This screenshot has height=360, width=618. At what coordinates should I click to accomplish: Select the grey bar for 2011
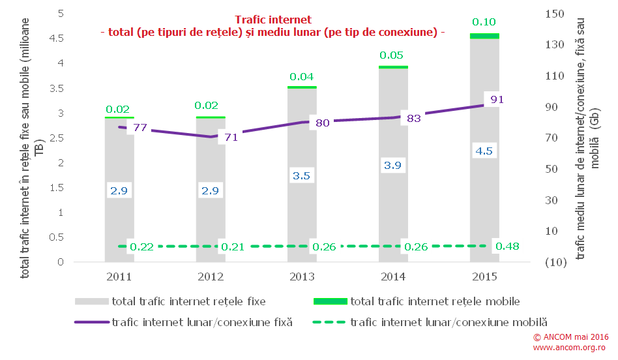coord(119,222)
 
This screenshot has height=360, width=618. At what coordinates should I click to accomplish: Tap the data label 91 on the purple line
coord(496,100)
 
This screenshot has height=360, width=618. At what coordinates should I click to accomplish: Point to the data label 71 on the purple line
coord(231,137)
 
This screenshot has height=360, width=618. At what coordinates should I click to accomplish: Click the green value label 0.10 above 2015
coord(484,22)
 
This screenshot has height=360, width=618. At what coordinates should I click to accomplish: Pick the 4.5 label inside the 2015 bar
coord(484,151)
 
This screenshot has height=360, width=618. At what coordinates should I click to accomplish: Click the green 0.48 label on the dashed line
coord(507,247)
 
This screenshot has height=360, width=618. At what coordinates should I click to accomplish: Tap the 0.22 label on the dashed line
coord(141,247)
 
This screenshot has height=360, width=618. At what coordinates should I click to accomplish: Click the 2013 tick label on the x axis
coord(302,277)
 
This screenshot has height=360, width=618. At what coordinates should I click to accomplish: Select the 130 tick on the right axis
coord(555,44)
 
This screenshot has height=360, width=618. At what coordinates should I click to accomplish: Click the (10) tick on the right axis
coord(555,262)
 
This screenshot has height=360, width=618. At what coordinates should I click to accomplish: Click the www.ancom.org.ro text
coord(570,348)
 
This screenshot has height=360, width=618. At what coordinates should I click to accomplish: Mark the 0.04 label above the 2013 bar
coord(302,77)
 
